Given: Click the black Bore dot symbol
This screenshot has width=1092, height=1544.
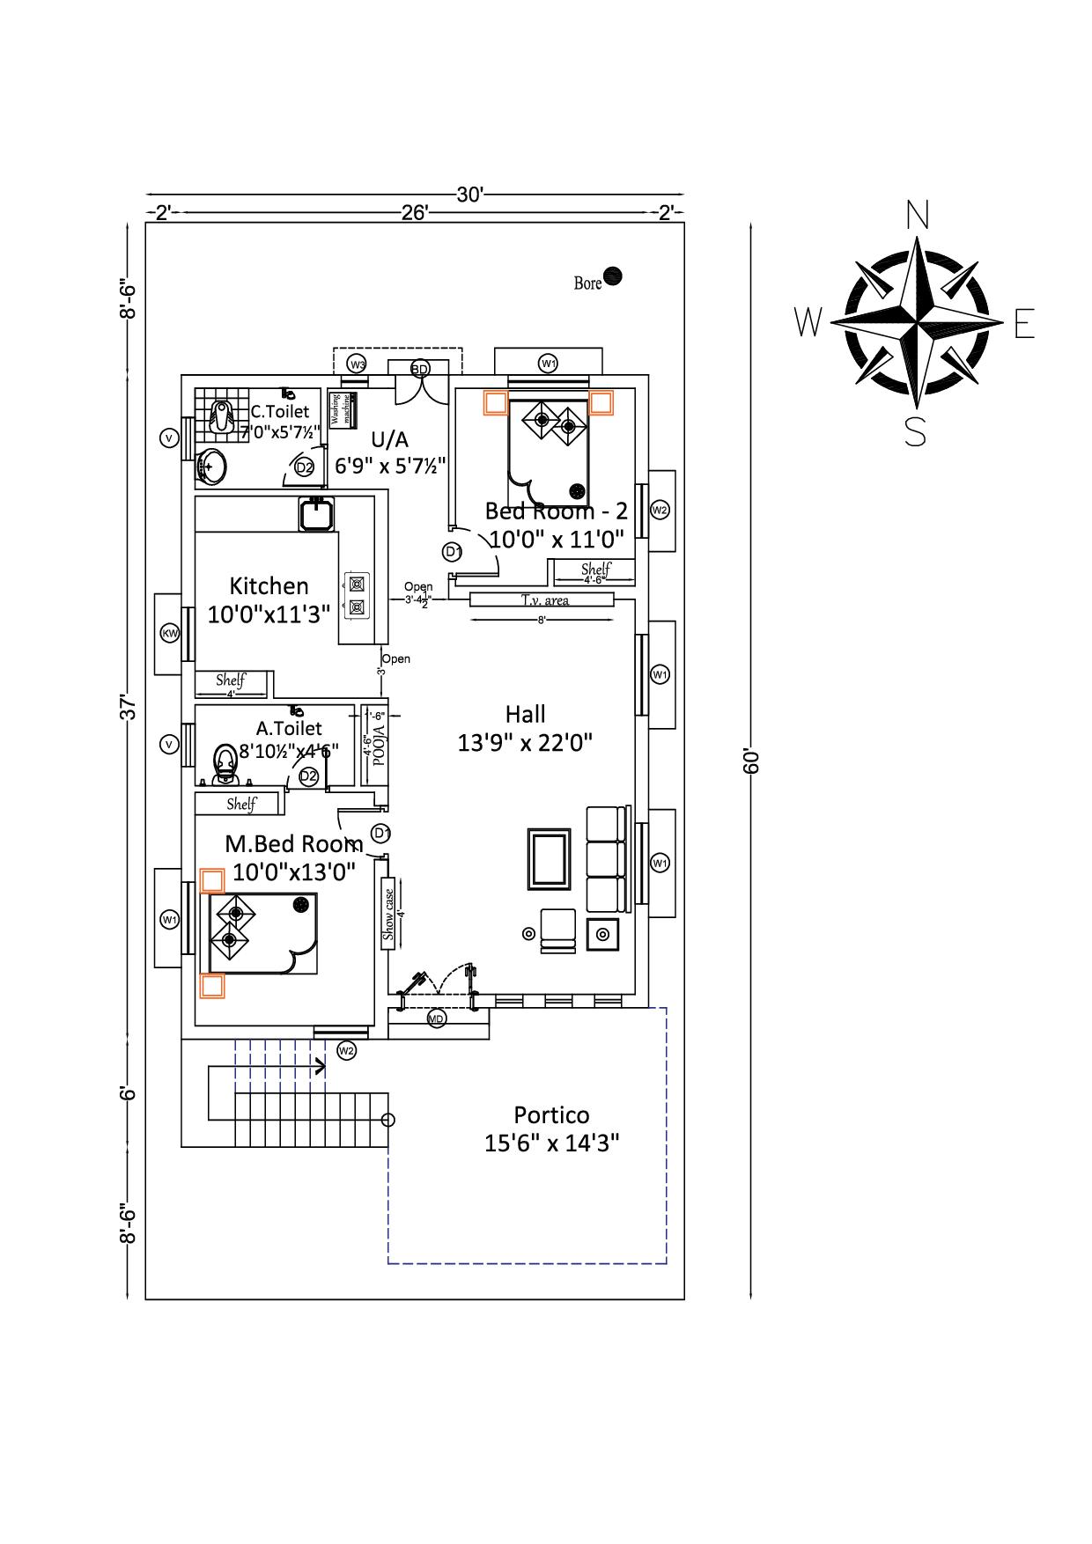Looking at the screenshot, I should pos(614,276).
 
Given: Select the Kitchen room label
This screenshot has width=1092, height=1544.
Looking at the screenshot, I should pos(269,586).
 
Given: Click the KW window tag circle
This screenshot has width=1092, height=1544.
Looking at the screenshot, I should pos(170,633).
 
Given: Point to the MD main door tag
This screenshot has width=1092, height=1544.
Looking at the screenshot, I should pos(436,1018).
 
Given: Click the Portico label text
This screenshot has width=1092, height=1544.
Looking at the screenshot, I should pos(551,1115).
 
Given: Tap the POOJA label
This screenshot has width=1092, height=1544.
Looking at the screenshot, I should pos(379,746).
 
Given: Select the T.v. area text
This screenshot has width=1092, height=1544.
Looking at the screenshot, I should pos(544,600).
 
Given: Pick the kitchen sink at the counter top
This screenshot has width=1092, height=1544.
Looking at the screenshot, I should pos(316,513).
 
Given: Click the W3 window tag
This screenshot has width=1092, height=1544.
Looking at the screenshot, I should pos(357,364).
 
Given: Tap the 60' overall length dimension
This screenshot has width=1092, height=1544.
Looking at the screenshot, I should pos(751,761).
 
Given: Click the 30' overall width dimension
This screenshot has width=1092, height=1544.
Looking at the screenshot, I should pos(469,195).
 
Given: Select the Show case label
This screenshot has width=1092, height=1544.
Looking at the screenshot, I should pos(388,915).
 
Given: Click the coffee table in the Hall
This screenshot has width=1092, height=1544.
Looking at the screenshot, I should pos(548,858).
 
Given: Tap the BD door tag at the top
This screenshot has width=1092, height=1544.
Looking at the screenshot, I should pos(420,369).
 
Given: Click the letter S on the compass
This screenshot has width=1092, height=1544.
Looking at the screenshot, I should pos(915,432).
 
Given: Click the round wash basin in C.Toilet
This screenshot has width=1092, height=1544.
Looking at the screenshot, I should pos(211,466).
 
